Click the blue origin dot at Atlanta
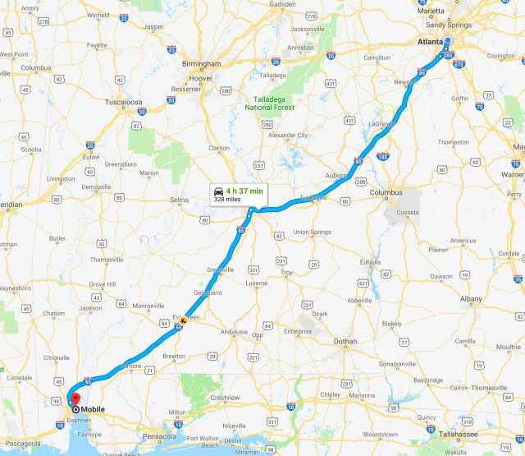[x=447, y=41]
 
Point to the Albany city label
[x=471, y=299]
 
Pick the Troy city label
[x=286, y=272]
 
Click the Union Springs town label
[x=312, y=233]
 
